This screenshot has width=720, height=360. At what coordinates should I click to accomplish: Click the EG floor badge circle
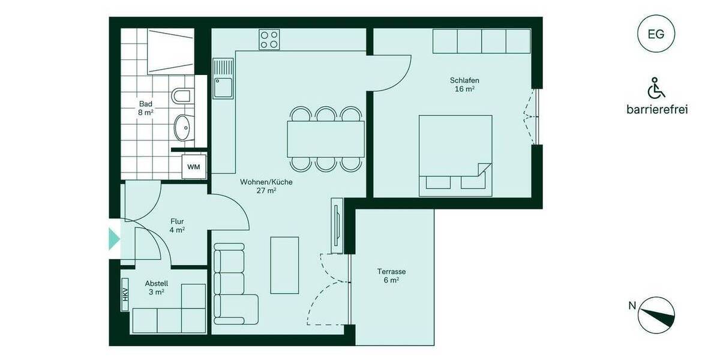656,34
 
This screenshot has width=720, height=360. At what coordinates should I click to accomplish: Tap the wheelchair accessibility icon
656,88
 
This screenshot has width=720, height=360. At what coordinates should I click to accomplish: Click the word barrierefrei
656,110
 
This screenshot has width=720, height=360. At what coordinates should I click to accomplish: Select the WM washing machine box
193,167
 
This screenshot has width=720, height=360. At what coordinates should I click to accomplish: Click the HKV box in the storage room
125,296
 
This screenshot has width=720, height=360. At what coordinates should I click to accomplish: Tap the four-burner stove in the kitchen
269,40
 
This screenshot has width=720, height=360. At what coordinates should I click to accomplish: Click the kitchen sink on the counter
222,85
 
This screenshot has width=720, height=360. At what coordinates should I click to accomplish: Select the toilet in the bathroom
181,95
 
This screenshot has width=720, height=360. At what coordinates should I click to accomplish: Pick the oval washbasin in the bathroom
182,127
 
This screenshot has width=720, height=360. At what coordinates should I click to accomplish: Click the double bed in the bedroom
455,155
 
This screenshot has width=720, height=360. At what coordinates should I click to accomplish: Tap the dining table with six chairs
326,138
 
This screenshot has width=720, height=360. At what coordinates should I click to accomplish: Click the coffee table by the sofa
284,265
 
